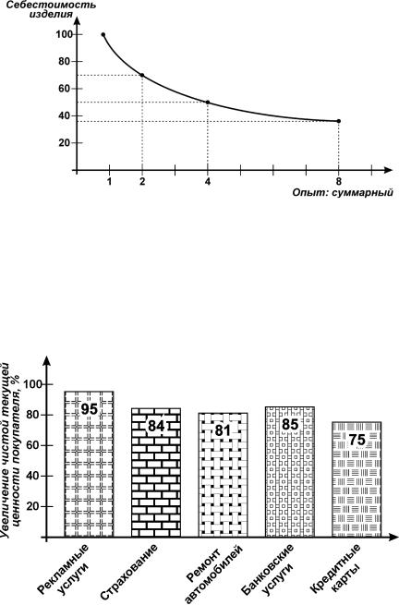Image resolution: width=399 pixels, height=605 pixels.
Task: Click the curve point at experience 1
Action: (103, 35)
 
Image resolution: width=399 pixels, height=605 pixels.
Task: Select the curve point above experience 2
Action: (142, 75)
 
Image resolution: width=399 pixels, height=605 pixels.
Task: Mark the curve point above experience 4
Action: (208, 103)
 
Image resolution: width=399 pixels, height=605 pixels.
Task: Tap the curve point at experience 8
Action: (338, 121)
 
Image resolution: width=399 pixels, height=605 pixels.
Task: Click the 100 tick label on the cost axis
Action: (64, 34)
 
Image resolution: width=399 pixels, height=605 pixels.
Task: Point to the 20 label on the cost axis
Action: (66, 143)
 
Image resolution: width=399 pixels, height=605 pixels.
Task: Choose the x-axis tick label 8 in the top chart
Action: (338, 181)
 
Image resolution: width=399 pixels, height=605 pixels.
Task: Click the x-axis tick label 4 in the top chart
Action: (208, 181)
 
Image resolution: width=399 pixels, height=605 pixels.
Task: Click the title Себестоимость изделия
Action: (46, 10)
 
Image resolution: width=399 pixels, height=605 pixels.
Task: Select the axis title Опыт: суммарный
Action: (343, 192)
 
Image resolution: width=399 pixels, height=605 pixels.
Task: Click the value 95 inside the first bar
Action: (90, 409)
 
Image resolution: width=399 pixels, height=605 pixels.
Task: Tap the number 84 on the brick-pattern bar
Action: (156, 426)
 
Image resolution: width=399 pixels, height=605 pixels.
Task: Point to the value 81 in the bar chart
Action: (223, 430)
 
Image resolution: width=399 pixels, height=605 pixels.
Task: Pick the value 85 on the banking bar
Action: (290, 425)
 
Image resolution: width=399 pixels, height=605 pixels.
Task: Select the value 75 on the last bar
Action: (357, 440)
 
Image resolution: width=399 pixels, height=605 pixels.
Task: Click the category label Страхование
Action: (128, 572)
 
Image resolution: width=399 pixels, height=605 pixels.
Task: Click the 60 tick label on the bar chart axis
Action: (35, 445)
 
